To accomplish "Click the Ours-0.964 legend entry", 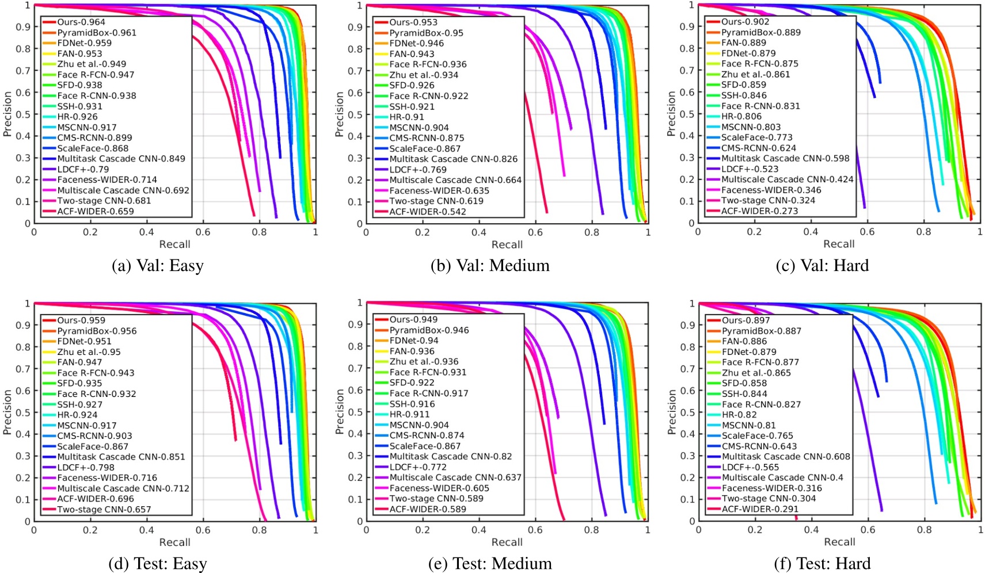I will point(81,22).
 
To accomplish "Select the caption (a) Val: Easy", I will point(158,265).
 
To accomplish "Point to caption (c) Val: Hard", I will point(822,265).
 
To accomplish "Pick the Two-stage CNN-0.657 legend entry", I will point(104,509).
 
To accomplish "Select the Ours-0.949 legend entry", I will point(413,319).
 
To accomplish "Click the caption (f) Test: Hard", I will point(822,563).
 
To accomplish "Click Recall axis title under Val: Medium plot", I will point(507,245).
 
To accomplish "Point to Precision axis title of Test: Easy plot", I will point(7,412).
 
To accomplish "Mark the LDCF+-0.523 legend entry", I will point(750,169).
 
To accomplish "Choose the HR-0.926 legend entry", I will point(77,116).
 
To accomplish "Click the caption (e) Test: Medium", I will point(490,563).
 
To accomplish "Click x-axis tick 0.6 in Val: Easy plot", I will point(203,232).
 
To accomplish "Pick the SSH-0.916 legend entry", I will point(412,404).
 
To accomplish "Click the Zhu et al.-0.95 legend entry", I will point(89,352).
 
